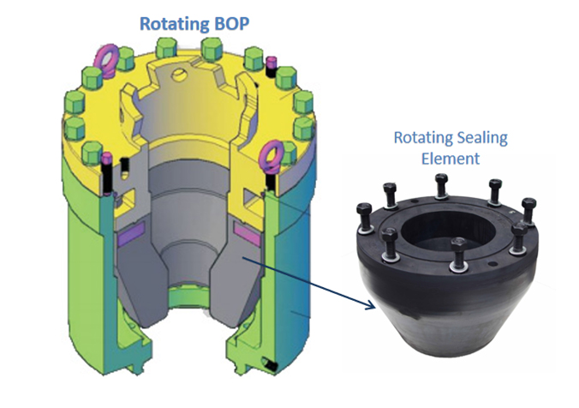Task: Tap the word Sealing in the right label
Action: (484, 138)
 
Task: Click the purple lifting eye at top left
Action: (109, 57)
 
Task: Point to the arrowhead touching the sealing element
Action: (371, 304)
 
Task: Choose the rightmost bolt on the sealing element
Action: (528, 209)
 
